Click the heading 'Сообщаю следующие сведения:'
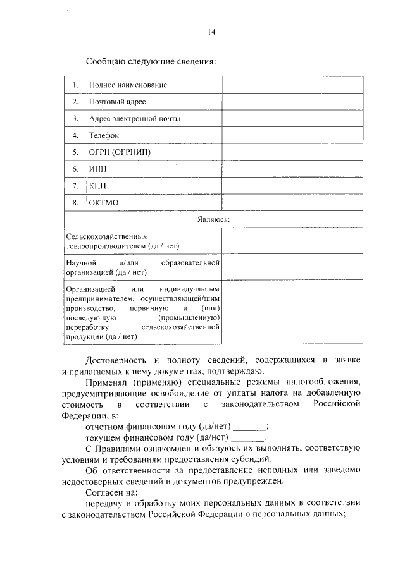click(x=151, y=62)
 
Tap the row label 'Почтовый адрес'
click(x=118, y=102)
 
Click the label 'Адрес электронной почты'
click(x=135, y=119)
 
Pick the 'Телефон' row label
click(x=104, y=135)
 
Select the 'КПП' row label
click(x=97, y=186)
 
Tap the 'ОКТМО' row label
click(x=104, y=203)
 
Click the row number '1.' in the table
click(x=75, y=85)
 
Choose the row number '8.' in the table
click(x=75, y=203)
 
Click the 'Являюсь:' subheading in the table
click(x=211, y=219)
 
